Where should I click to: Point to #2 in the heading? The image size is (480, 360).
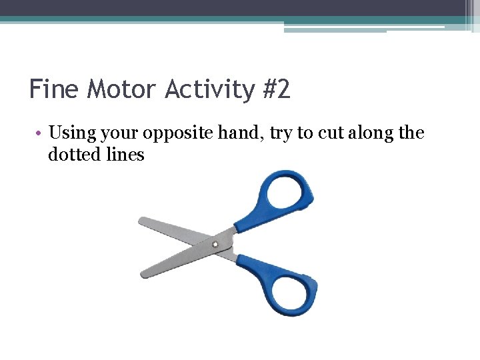coord(275,89)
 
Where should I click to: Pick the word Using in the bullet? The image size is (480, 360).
coord(71,133)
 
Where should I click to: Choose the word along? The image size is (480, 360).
coord(369,133)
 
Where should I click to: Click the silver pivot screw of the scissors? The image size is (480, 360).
coord(215,245)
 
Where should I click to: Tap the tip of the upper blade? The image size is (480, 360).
coord(142,221)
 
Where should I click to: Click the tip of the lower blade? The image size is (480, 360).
coord(144,273)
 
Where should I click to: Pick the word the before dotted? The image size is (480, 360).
coord(411,133)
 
